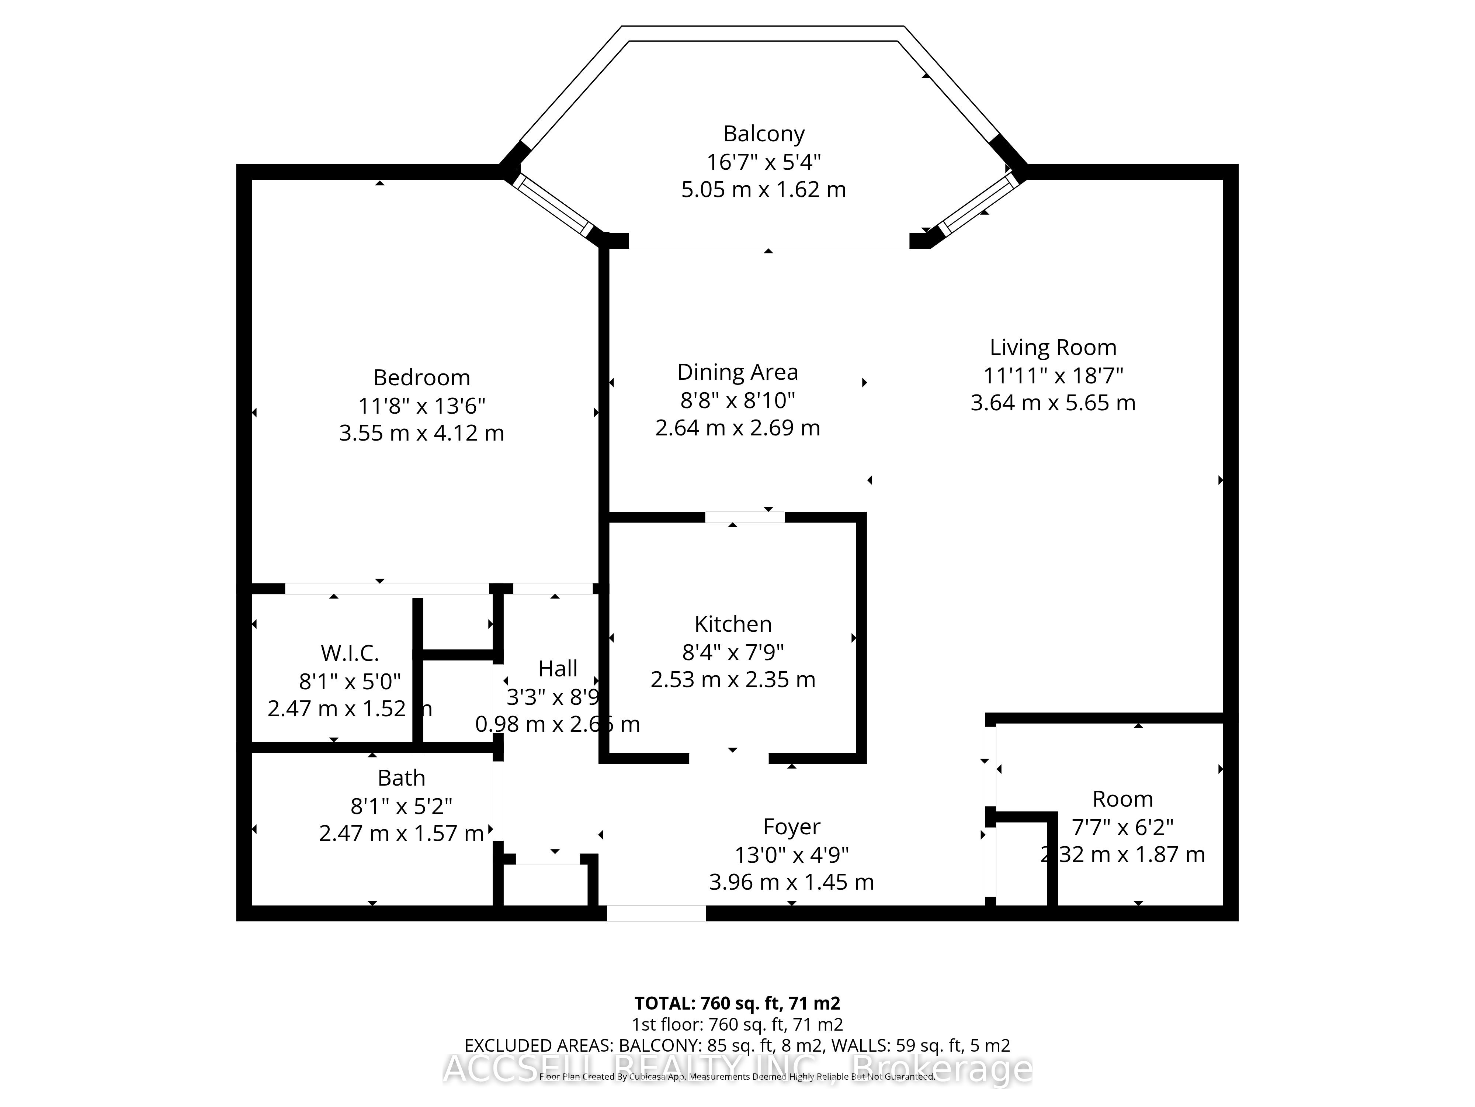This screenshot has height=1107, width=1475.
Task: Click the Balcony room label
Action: (764, 134)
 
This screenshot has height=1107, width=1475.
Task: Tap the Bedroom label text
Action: (421, 378)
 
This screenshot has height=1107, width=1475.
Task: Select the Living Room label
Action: (1053, 348)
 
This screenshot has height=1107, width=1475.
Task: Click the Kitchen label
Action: (733, 624)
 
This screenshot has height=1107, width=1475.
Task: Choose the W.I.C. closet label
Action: (350, 653)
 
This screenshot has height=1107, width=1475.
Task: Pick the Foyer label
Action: (791, 827)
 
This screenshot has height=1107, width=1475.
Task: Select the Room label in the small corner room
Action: (1122, 799)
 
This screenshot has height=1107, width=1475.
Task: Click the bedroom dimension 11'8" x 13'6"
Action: (421, 406)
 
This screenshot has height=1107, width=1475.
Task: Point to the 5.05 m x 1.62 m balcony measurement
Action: (764, 190)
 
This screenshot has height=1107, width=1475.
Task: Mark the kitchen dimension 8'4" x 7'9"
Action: (733, 652)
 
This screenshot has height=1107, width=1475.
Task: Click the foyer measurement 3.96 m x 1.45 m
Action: (791, 882)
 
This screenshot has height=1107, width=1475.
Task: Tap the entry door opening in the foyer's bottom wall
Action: (656, 913)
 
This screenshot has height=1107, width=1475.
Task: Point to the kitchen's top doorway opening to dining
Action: (745, 517)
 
